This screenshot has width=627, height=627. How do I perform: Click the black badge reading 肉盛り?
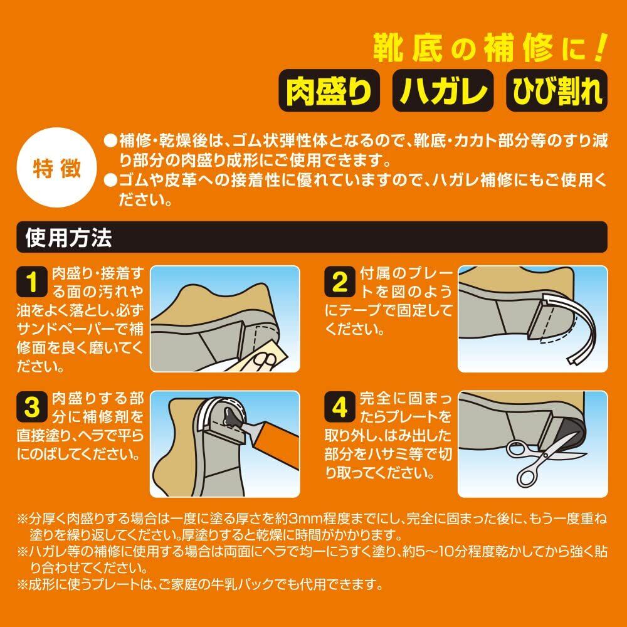point(329,90)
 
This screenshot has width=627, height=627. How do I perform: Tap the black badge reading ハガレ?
point(443,90)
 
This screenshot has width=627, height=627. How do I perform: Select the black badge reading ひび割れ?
point(557,90)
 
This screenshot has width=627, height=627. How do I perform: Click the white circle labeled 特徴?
point(57,167)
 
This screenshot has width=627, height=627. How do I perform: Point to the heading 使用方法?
point(68,238)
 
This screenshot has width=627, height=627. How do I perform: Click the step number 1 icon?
point(32,282)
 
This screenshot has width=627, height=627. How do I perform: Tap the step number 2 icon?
point(339,282)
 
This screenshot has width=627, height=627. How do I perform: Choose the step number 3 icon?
point(32,407)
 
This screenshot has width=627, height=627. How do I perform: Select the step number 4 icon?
point(339,407)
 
